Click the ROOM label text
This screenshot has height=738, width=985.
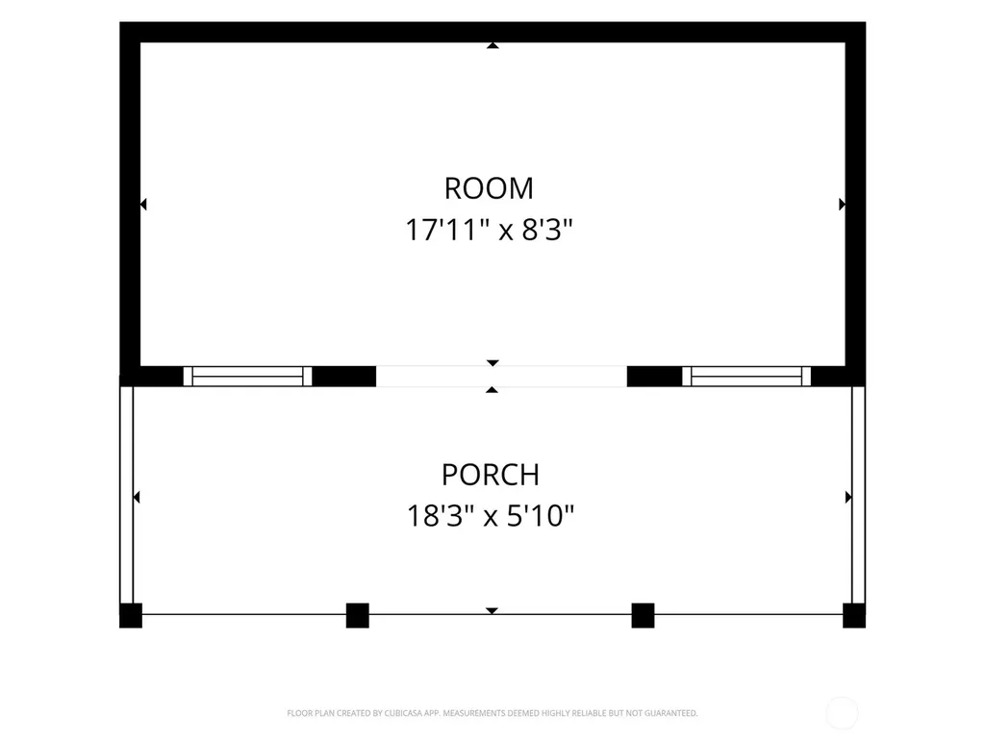click(489, 188)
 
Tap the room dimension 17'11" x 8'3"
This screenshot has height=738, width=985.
click(489, 230)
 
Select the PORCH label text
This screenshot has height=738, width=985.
click(490, 475)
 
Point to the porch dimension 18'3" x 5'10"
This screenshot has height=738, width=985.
click(490, 516)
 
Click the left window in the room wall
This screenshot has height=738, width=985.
click(247, 376)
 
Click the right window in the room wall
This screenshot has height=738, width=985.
click(746, 376)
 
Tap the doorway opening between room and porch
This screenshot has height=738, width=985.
click(501, 376)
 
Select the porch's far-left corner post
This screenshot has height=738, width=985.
click(131, 615)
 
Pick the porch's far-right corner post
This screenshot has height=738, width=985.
click(854, 615)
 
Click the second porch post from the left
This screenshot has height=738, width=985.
click(358, 615)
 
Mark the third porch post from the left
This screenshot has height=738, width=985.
click(643, 615)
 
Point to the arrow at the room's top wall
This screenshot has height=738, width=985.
click(493, 45)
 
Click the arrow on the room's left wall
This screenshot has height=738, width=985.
click(143, 204)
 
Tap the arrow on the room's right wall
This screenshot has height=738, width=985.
click(842, 204)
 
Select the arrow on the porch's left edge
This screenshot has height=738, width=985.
click(137, 497)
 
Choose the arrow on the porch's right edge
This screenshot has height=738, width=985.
click(848, 497)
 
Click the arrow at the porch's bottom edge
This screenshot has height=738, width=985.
click(492, 610)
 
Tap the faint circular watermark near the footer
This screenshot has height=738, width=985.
click(842, 714)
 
